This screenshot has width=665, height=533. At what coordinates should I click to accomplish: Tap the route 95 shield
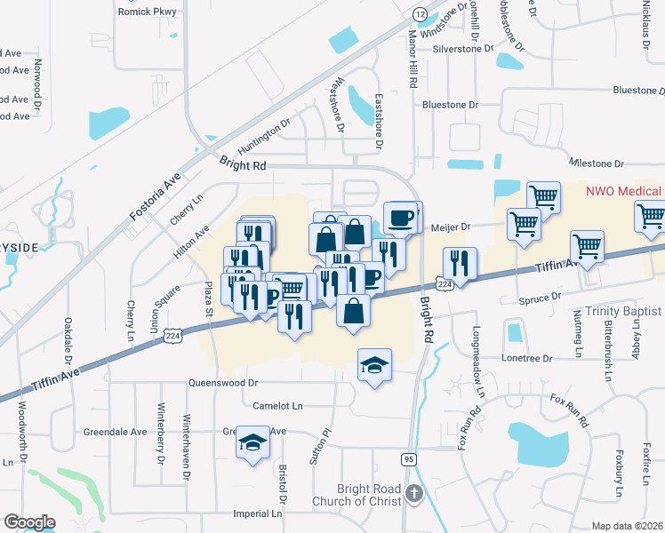(x=408, y=458)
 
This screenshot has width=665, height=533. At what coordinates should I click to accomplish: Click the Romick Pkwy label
(x=148, y=12)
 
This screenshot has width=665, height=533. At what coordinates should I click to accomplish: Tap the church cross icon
(x=413, y=493)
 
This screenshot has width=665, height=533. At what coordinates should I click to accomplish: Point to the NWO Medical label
(x=623, y=191)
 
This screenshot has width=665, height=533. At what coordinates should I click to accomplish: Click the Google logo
(x=29, y=522)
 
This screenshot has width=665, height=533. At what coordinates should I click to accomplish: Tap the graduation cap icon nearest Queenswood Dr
(x=374, y=364)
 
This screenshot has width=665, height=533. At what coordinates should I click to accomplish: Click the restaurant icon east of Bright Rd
(x=460, y=262)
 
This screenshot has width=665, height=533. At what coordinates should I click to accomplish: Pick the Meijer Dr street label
(x=450, y=227)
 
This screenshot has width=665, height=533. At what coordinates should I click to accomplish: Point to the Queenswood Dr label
(x=222, y=383)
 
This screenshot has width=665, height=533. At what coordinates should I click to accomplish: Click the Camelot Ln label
(x=277, y=405)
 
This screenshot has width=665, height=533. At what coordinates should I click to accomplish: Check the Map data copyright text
(x=628, y=526)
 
